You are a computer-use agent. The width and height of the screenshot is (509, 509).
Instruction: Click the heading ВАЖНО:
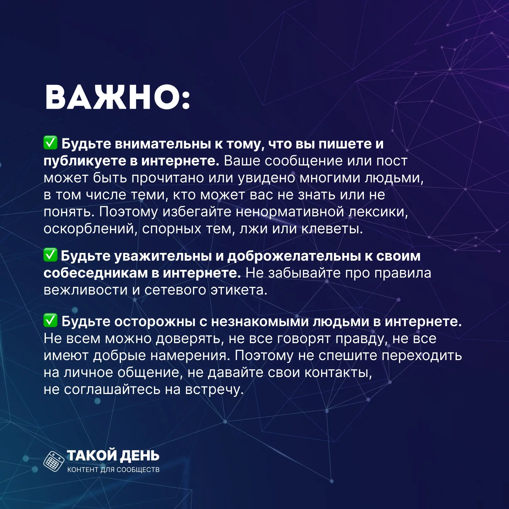point(118,97)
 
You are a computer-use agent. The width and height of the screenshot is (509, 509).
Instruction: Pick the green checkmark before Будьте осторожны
point(50,320)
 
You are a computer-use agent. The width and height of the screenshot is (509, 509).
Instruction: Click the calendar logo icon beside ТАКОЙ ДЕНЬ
point(54,461)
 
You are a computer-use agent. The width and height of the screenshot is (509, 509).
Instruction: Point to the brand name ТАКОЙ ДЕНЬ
point(113,456)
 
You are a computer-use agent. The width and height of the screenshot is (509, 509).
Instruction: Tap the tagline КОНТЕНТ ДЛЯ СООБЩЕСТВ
point(113,470)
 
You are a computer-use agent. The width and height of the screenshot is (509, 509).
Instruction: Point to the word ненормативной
point(290,212)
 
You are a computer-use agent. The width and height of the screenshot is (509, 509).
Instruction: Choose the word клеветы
point(332,229)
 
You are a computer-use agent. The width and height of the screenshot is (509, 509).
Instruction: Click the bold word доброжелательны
point(294,256)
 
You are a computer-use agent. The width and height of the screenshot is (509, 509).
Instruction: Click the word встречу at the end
point(214,390)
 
